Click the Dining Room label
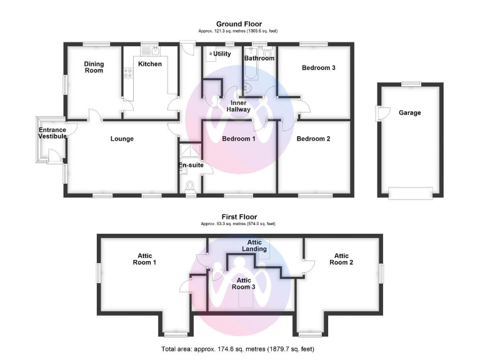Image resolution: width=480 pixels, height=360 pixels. [x=94, y=67]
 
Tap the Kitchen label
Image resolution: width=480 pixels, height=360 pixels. [x=150, y=64]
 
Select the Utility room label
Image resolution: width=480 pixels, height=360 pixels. [x=222, y=54]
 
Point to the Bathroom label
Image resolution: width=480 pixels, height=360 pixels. [x=259, y=59]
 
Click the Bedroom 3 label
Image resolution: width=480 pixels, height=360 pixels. [x=319, y=67]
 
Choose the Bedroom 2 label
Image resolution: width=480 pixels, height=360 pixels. [x=314, y=139]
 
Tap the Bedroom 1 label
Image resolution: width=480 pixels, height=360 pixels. [x=239, y=139]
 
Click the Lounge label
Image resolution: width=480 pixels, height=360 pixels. [x=122, y=139]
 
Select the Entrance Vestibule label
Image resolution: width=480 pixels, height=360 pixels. [x=52, y=133]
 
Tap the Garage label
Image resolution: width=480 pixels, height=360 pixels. [x=409, y=113]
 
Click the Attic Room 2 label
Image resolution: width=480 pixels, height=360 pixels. [x=341, y=259]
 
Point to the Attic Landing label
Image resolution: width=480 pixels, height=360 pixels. [x=254, y=246]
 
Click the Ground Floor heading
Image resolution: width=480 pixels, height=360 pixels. [x=239, y=24]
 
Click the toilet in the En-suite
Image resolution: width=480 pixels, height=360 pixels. [x=190, y=186]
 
